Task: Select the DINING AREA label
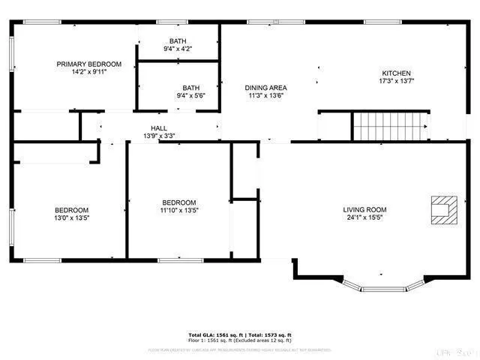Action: click(x=268, y=88)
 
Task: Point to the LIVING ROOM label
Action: click(x=364, y=210)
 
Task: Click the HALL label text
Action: click(x=159, y=128)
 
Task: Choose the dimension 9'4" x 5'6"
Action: click(x=190, y=96)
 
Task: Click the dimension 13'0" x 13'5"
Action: click(x=71, y=218)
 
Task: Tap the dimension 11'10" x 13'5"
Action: click(x=179, y=211)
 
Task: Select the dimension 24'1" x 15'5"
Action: click(x=364, y=218)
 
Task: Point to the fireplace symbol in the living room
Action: click(x=442, y=210)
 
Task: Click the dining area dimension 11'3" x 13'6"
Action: click(x=268, y=96)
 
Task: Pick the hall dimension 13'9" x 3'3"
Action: click(x=159, y=136)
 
